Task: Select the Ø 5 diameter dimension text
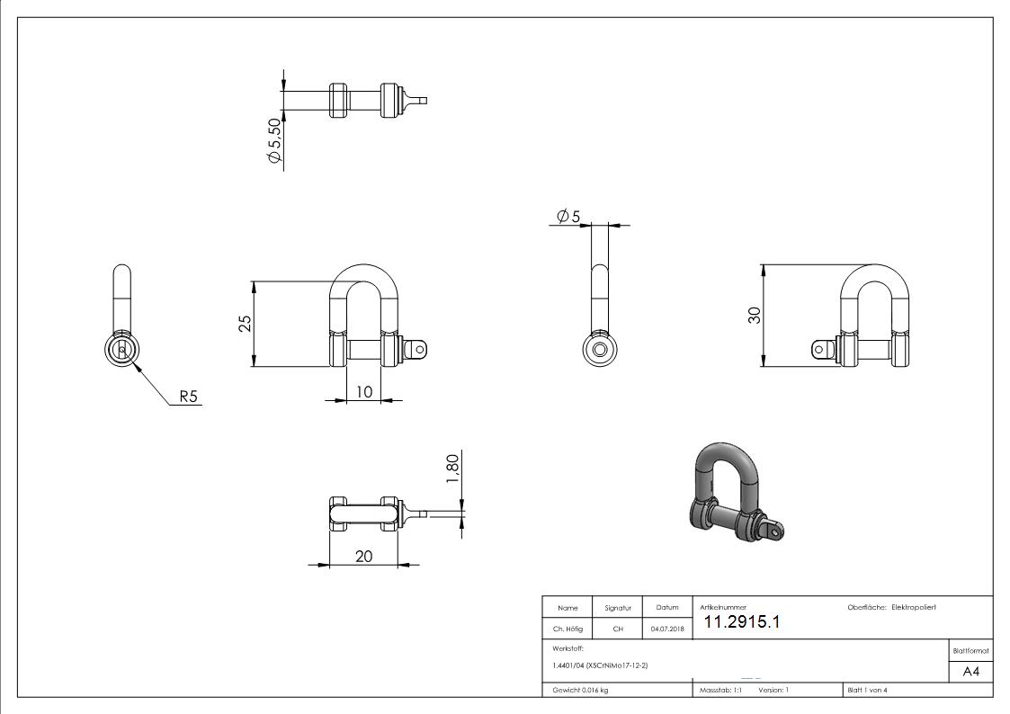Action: [568, 217]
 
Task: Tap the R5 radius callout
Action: [188, 396]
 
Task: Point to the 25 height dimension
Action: [245, 324]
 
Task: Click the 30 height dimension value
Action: [754, 316]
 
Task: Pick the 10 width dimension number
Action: [363, 391]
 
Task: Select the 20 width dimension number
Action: [363, 556]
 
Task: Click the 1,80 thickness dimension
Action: [452, 469]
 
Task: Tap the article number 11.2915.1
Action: [741, 622]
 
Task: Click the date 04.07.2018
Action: [667, 629]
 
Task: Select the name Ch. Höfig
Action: [568, 629]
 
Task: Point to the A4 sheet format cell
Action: [971, 672]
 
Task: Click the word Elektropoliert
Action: [914, 608]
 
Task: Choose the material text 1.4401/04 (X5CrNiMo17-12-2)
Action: [600, 665]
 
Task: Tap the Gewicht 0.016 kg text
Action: [580, 690]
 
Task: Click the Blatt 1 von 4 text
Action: [867, 690]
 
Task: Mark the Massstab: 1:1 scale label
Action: [720, 690]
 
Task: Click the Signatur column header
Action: [618, 608]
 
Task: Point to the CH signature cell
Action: [618, 629]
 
